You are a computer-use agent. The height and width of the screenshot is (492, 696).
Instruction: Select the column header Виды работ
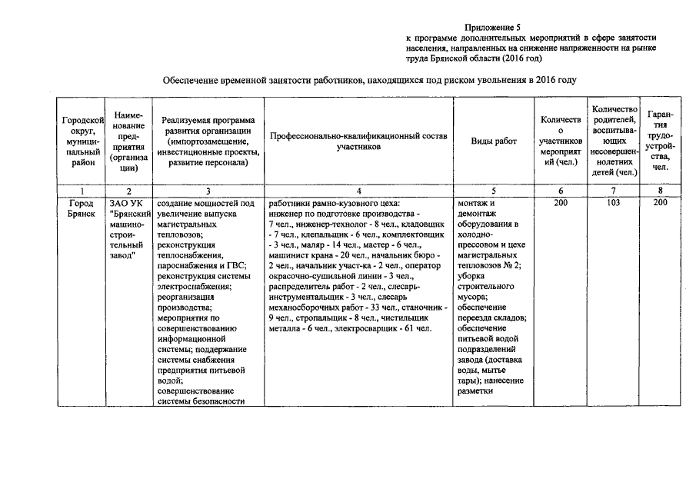tap(494, 141)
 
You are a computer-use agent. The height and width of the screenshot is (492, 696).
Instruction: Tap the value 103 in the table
tap(612, 202)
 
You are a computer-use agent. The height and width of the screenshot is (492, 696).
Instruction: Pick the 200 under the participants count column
tap(564, 202)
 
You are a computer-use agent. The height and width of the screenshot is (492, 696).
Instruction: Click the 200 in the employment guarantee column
tap(659, 202)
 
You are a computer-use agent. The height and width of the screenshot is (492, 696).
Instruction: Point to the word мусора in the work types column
tap(470, 295)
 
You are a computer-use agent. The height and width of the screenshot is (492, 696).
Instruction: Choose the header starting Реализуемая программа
tap(208, 141)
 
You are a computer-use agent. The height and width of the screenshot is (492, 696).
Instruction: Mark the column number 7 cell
tap(612, 190)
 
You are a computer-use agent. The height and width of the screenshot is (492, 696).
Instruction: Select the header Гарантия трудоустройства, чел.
tap(659, 141)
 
